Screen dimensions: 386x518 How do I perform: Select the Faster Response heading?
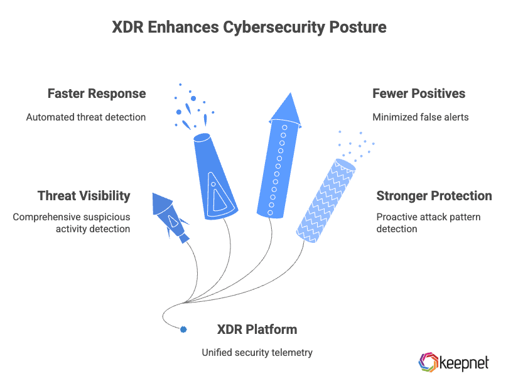tap(97, 94)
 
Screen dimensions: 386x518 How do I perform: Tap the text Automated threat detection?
tap(86, 117)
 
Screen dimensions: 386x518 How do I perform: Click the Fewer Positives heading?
tap(419, 94)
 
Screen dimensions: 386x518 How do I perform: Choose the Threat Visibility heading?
tap(84, 195)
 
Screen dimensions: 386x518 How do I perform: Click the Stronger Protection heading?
tap(434, 195)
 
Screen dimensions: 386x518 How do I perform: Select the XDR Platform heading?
tap(257, 330)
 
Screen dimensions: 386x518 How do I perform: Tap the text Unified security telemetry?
tap(257, 353)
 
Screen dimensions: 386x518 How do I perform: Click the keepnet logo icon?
tap(429, 362)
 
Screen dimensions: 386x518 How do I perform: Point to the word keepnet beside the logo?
tap(465, 362)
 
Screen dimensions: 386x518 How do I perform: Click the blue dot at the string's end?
tap(184, 329)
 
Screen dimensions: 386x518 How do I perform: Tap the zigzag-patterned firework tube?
tap(326, 200)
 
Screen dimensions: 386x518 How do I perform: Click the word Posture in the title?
tap(360, 28)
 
